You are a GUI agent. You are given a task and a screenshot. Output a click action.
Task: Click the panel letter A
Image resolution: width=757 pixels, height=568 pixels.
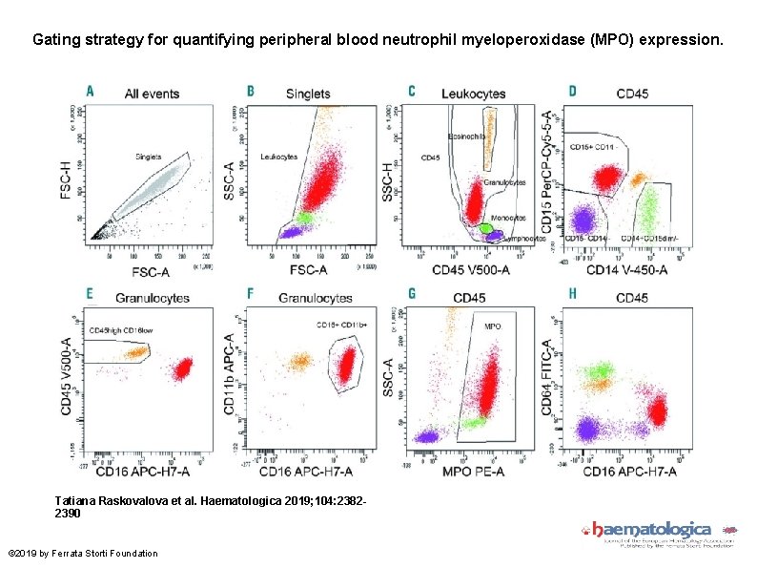[91, 91]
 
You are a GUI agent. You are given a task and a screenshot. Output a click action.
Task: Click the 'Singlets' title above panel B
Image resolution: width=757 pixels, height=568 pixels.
[308, 94]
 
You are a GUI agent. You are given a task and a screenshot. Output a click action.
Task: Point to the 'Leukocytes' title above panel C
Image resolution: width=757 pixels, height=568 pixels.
[473, 94]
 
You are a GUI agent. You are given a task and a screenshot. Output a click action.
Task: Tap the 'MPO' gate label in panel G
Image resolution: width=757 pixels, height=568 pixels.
[493, 326]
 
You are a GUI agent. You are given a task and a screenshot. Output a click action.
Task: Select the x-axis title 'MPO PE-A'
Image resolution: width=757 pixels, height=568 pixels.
[471, 471]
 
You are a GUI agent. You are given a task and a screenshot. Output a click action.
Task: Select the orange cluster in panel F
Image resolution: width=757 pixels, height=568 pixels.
[300, 361]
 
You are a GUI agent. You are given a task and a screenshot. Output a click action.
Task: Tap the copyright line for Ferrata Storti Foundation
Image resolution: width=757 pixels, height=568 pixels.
[82, 553]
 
